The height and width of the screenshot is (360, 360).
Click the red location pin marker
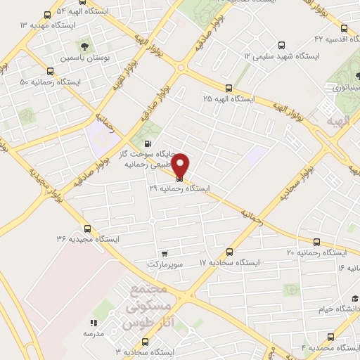(x=180, y=166)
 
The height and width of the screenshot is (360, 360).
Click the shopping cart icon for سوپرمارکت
(x=164, y=254)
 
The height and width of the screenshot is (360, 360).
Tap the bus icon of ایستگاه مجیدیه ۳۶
(x=87, y=228)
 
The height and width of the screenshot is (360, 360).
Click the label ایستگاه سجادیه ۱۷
(x=229, y=262)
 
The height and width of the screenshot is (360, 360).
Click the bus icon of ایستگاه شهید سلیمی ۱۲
(x=282, y=44)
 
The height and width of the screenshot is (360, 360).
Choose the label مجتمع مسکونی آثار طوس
(x=148, y=307)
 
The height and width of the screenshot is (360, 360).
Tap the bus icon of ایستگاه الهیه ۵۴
(x=47, y=15)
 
